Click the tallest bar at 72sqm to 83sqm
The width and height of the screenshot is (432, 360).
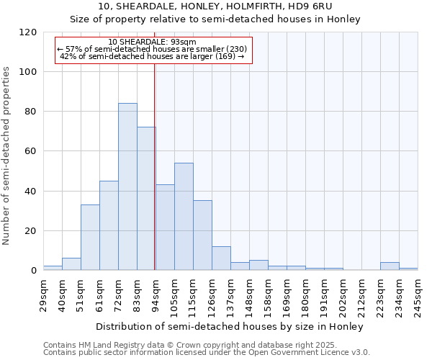point(127,187)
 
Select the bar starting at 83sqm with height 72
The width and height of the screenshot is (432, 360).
point(146,199)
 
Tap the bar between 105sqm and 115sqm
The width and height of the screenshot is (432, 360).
point(184,217)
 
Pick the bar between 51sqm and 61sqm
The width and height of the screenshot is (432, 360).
point(90,238)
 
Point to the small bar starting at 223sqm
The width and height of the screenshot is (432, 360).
point(390,266)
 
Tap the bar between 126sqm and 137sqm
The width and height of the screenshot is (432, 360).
point(221,258)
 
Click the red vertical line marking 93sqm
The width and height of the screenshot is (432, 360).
point(155,166)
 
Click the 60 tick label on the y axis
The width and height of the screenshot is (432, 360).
point(30,152)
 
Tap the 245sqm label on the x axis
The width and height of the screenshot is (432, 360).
point(418,294)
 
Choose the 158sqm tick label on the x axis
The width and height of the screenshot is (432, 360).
point(268,294)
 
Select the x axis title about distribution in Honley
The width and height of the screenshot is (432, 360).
point(230,326)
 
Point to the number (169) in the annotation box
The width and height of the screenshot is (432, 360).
point(224,56)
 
